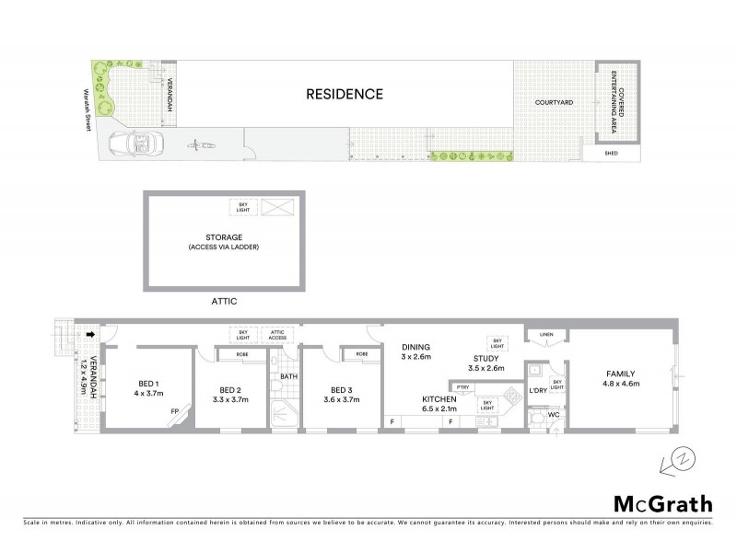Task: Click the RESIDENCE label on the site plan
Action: pos(345,94)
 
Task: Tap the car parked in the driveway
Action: pos(134,144)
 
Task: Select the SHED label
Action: pos(611,153)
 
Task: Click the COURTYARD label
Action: pos(555,102)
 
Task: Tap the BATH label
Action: pos(288,376)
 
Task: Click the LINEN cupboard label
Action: pos(547,334)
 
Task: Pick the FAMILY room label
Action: pos(621,374)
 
